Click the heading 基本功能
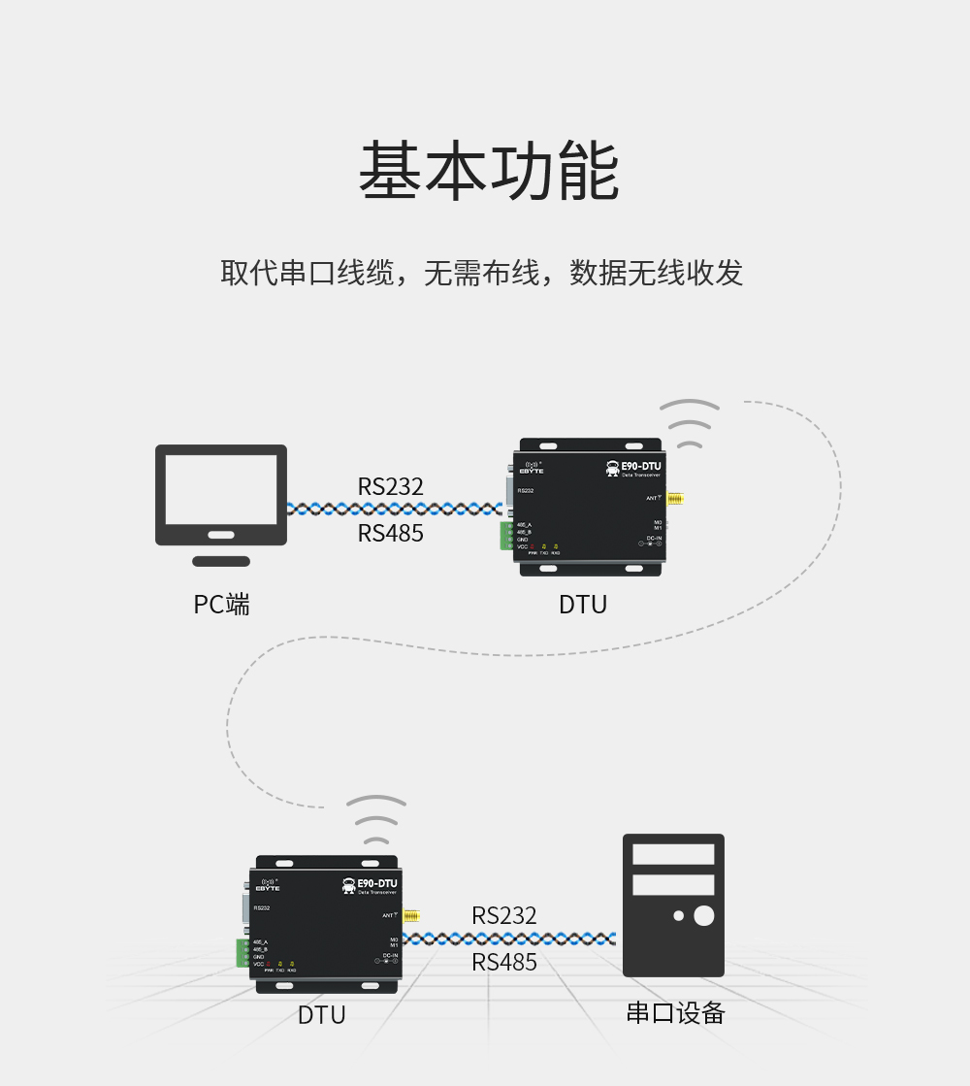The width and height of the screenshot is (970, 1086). coord(488,171)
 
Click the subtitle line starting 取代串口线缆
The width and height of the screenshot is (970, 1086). coord(482,273)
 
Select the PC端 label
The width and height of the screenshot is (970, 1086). coord(221,605)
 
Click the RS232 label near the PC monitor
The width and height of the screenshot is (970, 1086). coord(390,486)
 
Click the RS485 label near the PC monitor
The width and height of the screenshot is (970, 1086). coord(390,533)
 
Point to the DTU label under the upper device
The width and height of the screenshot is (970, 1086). coord(583,605)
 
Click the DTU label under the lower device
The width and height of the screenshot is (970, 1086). coord(321,1015)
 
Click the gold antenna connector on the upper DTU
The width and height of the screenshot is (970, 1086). coord(676,499)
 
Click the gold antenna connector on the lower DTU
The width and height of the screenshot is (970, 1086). coord(412,915)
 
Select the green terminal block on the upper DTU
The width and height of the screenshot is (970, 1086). coord(505,536)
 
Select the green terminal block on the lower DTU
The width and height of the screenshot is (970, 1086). coord(242,953)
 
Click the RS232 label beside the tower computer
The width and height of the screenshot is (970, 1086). coord(503,915)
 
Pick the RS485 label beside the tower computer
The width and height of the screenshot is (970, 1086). coord(503,962)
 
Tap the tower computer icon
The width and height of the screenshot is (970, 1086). coord(673,905)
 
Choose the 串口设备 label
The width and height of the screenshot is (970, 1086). coord(675,1013)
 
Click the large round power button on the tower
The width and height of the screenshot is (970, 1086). coord(704,915)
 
